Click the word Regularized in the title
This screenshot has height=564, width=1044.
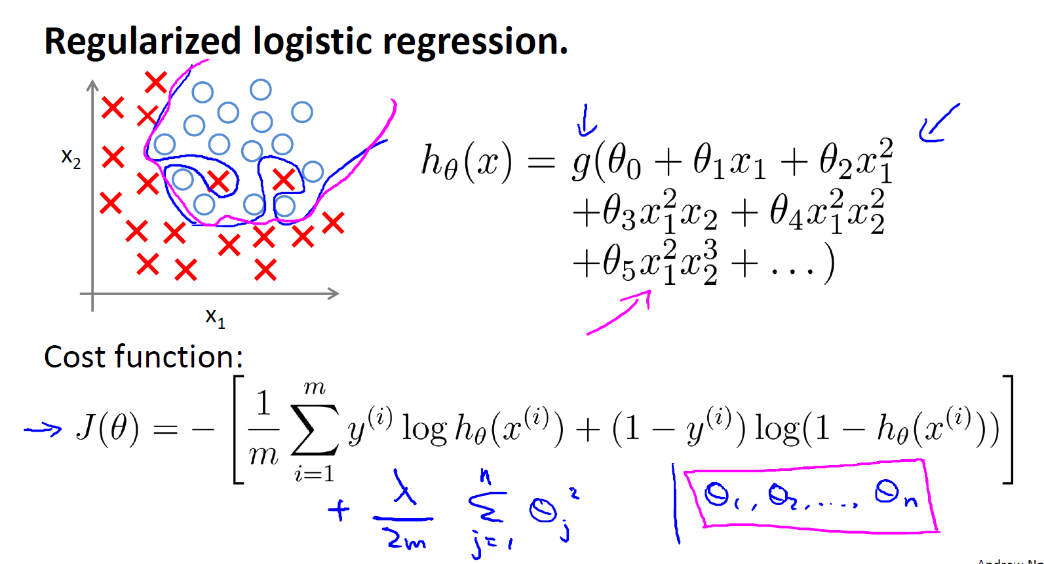pos(142,42)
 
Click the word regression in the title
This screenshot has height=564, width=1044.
pos(474,42)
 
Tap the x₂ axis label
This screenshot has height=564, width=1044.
pos(71,158)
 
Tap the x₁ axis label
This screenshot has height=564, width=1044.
pos(215,317)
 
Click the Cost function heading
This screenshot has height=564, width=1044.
pos(144,358)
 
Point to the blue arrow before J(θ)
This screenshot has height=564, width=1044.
pos(43,429)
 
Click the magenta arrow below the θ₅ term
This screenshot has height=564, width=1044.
pos(619,313)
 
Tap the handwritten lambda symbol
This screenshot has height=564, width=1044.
pos(405,487)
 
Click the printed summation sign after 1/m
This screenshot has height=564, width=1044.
pos(315,430)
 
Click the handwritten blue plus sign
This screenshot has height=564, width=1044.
pos(339,510)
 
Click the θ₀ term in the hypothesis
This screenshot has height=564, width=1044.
pos(623,162)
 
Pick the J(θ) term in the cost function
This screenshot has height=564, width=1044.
pos(107,429)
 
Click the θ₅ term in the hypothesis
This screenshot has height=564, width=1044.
pos(618,263)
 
